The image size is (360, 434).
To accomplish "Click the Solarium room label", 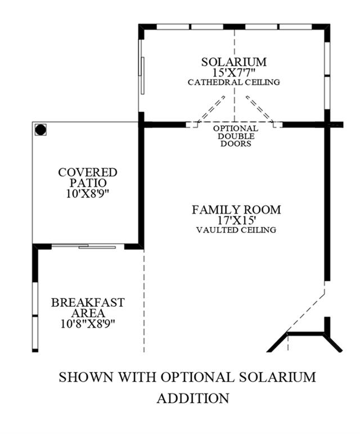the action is click(x=234, y=62).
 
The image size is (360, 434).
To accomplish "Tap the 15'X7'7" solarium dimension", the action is click(x=234, y=73).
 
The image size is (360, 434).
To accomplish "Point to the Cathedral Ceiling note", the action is click(x=234, y=82).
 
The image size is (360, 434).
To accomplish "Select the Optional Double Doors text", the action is click(x=236, y=136).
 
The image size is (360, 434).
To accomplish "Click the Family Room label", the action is click(x=236, y=209).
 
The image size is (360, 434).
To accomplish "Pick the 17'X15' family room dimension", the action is click(x=236, y=220).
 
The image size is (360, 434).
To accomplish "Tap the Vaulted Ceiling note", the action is click(x=236, y=230).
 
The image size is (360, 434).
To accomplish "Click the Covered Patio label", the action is click(x=88, y=177).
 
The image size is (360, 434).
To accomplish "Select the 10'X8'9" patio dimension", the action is click(x=88, y=194).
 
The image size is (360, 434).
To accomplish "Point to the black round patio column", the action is click(x=40, y=129).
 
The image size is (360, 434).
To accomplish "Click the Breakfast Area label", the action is click(x=88, y=307).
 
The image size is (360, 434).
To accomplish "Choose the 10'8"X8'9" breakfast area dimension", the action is click(x=88, y=323).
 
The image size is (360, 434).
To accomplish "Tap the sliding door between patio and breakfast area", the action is click(x=88, y=246).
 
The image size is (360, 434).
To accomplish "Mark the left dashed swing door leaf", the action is click(x=211, y=109).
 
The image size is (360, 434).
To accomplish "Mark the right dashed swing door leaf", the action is click(x=260, y=109).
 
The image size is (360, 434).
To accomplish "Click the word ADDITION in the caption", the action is click(x=193, y=399).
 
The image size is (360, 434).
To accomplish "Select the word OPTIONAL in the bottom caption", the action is click(x=197, y=377).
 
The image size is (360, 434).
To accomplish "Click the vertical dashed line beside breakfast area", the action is click(x=144, y=301).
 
